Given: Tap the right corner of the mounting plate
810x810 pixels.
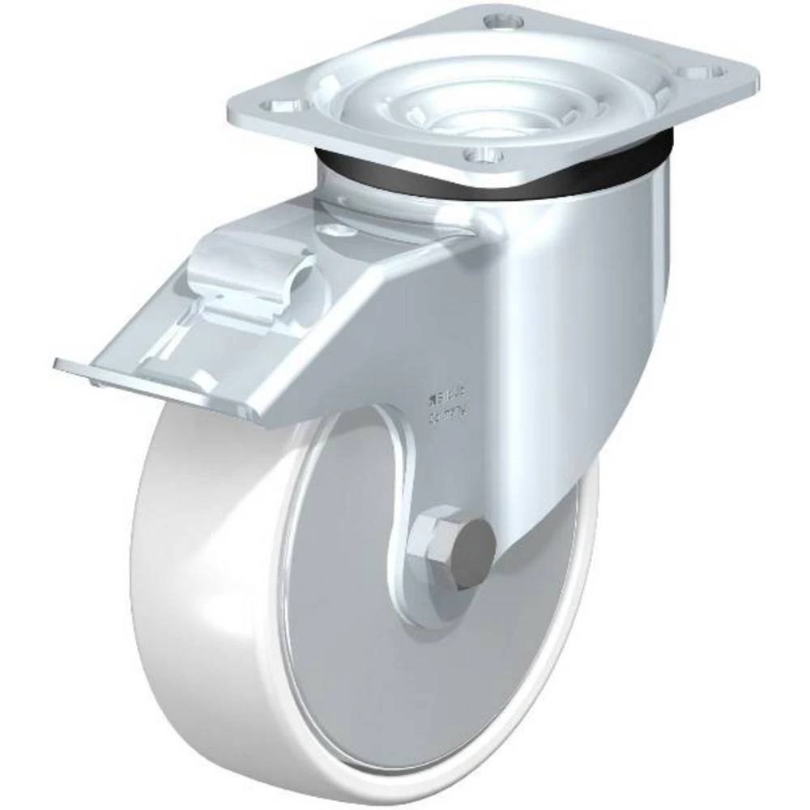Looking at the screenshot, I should pyautogui.click(x=749, y=77).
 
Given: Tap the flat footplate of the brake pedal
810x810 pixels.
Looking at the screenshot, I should pyautogui.click(x=186, y=340).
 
